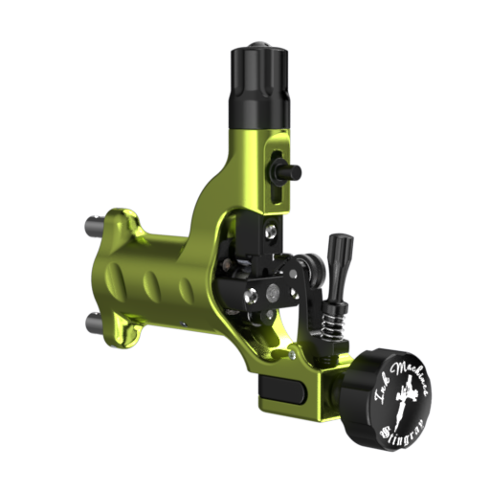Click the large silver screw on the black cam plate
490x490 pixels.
tap(272, 293)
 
